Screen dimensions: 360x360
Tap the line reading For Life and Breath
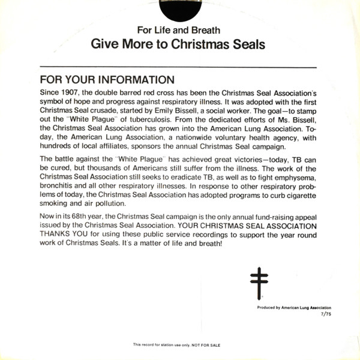(179, 30)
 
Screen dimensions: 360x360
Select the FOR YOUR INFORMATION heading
(107, 80)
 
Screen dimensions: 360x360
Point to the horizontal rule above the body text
(178, 67)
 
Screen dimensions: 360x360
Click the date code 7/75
(325, 314)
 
